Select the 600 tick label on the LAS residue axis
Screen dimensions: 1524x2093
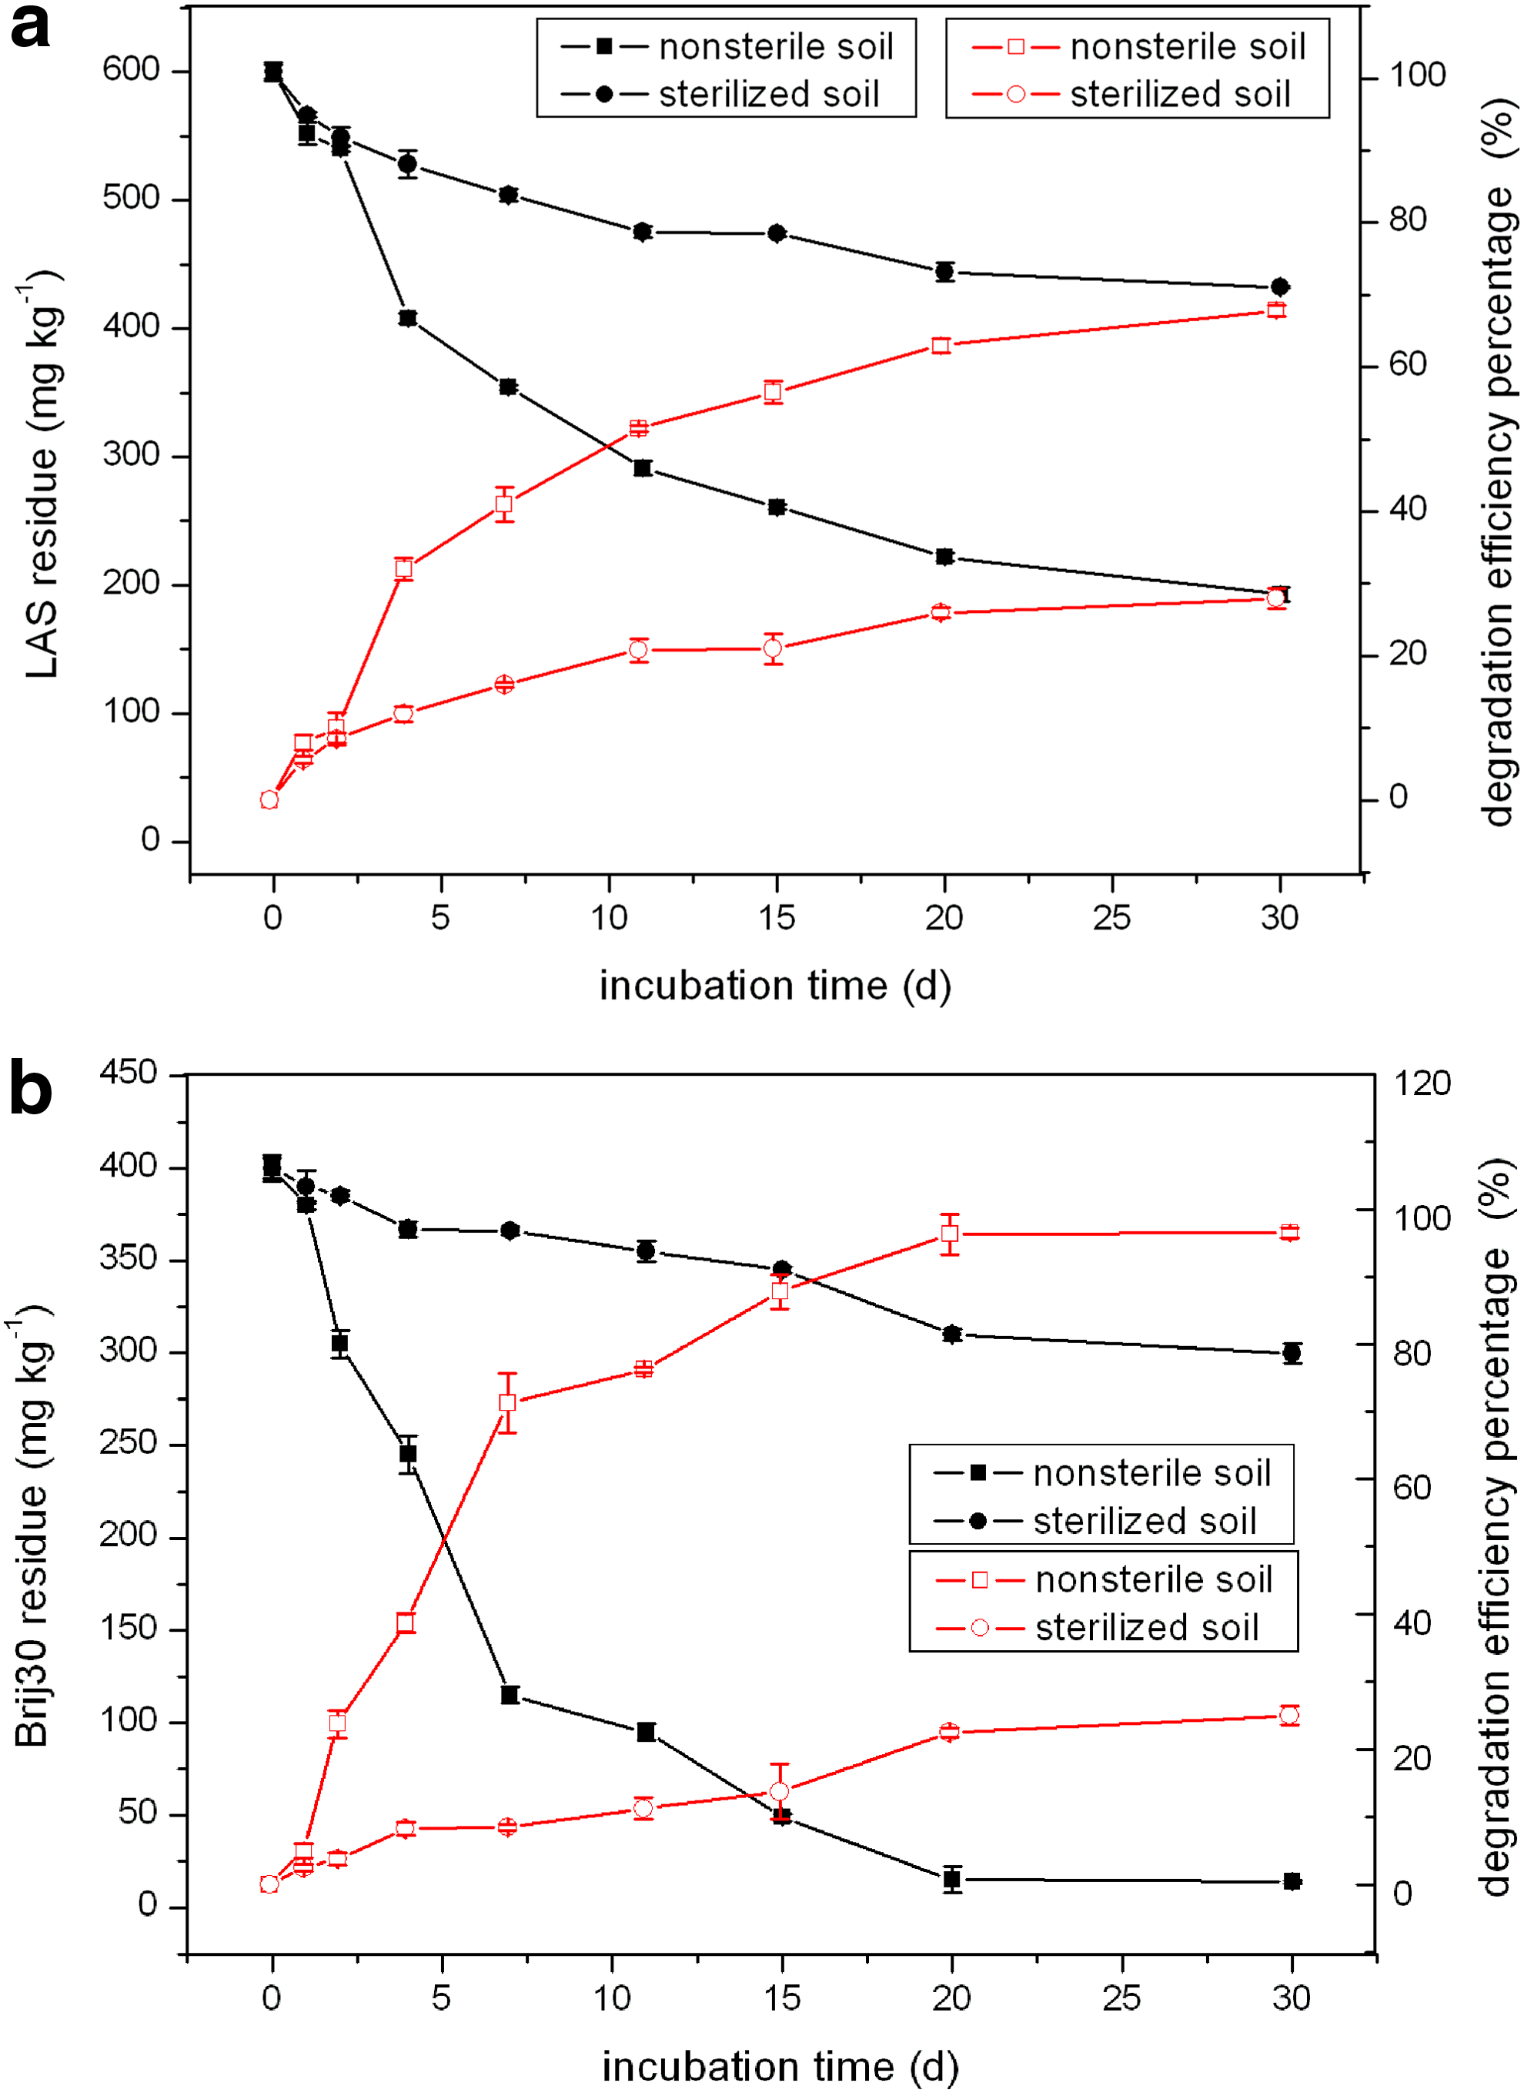pos(131,69)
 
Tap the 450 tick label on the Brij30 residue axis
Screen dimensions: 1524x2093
pos(129,1073)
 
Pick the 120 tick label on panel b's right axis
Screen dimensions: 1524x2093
pos(1422,1083)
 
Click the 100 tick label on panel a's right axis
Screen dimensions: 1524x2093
pos(1417,75)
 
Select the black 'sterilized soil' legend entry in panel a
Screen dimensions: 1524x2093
pos(720,94)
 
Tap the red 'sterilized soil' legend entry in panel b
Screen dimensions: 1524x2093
pos(1098,1628)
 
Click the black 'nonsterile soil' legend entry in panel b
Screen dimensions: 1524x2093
pos(1102,1473)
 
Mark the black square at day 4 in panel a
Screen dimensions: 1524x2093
pos(408,318)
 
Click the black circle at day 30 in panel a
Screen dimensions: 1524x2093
pos(1279,288)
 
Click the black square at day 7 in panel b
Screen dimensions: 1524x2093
pos(510,1695)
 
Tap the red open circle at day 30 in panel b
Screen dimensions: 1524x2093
pos(1290,1716)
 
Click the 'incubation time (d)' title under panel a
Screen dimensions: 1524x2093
pos(775,986)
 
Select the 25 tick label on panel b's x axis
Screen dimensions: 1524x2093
pos(1121,1999)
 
